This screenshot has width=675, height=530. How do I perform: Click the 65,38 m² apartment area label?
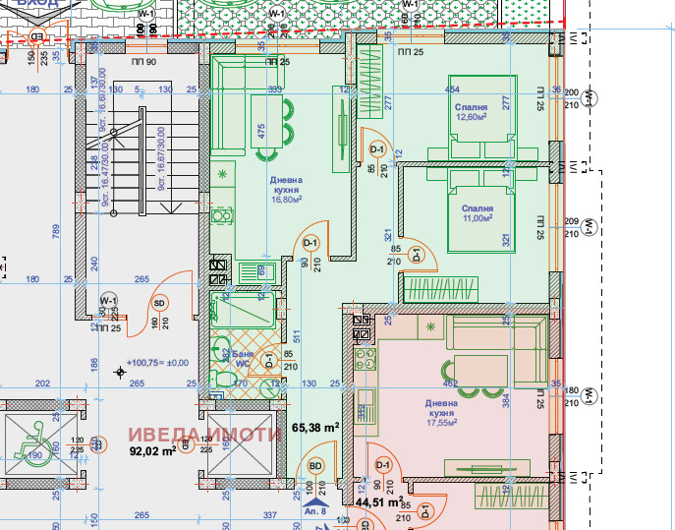[x=315, y=428]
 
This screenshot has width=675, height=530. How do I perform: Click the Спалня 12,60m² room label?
[x=471, y=113]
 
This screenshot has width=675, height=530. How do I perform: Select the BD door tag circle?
[x=316, y=466]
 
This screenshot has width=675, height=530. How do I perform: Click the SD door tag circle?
[x=160, y=303]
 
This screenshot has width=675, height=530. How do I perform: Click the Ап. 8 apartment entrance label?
[x=314, y=511]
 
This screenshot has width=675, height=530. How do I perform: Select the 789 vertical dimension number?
[x=57, y=232]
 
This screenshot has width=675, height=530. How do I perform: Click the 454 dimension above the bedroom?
[x=452, y=90]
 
